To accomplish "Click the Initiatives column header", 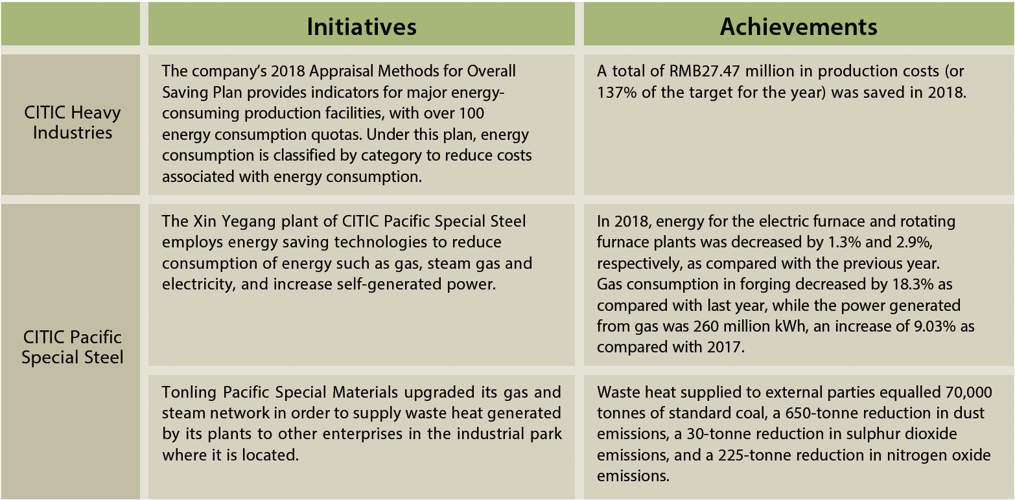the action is pos(362,27).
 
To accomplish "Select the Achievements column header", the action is pos(799,27).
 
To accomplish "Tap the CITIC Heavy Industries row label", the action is pos(73,122).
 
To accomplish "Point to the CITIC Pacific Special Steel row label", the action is pos(73,347).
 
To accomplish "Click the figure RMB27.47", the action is pos(705,71).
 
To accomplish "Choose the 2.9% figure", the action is pos(914,243).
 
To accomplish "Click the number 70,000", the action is pos(969,392).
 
